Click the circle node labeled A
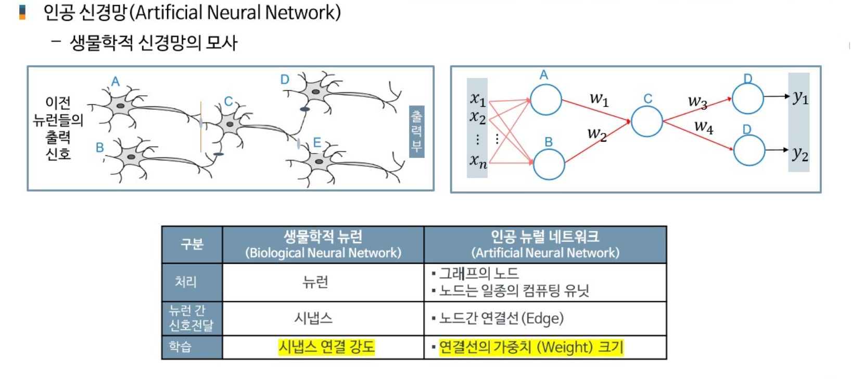tap(545, 100)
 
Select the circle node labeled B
tap(549, 164)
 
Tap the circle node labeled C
tap(646, 121)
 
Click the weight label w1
tap(599, 99)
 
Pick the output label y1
tap(801, 97)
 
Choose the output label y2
tap(800, 154)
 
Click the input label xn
tap(478, 161)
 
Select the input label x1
tap(478, 99)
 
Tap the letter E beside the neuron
tap(317, 143)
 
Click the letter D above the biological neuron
tap(285, 80)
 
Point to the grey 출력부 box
tap(416, 131)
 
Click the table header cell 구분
tap(192, 244)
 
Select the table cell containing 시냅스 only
tap(313, 318)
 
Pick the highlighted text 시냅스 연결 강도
tap(326, 347)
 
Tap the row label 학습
tap(180, 347)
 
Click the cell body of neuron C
tap(230, 124)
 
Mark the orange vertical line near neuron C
tap(201, 127)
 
